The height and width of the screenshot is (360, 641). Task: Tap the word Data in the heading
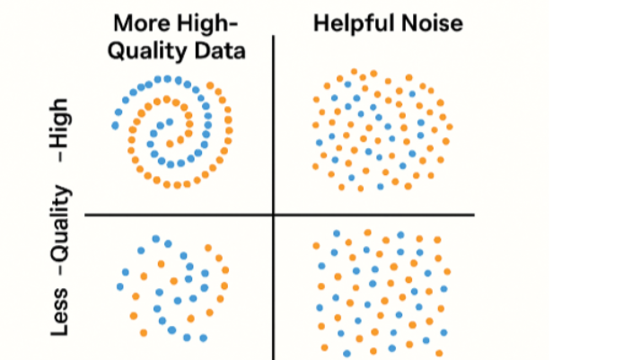coord(221,49)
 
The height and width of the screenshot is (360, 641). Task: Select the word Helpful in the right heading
coord(351,22)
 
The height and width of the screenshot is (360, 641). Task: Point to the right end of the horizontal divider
coord(473,215)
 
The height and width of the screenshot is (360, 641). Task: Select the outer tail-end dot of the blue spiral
coord(115,126)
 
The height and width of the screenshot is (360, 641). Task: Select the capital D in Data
coord(205,49)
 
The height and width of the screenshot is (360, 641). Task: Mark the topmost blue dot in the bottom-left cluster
coord(156,239)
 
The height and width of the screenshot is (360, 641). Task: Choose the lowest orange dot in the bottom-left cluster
coord(144,333)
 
